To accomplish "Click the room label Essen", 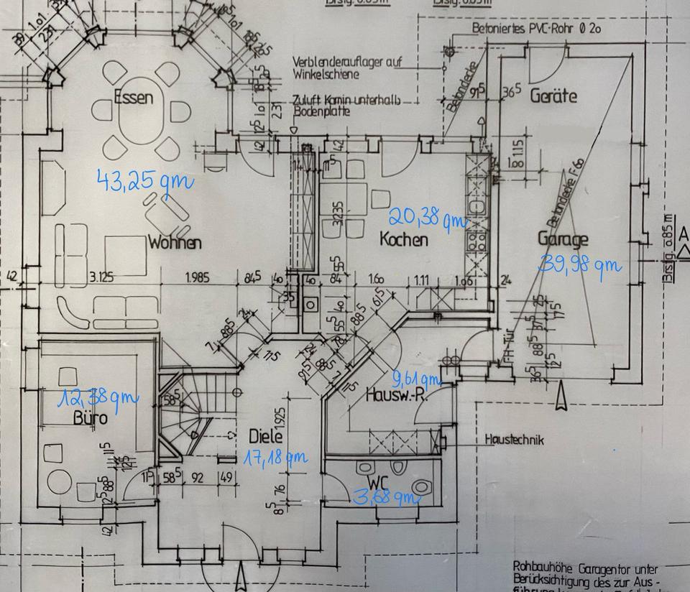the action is coord(134,97).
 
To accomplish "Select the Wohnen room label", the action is coord(175,243).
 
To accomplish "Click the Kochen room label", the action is coord(404,239).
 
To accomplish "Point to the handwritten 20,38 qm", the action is coord(427,217).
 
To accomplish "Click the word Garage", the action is coord(563,240).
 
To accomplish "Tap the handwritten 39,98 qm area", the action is coord(579,264).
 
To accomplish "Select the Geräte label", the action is coord(553,95).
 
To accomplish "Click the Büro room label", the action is coord(91,417).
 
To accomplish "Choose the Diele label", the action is coord(266,435).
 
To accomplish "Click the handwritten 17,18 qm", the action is coord(276,456).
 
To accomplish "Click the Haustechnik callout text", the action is coord(515,440).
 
